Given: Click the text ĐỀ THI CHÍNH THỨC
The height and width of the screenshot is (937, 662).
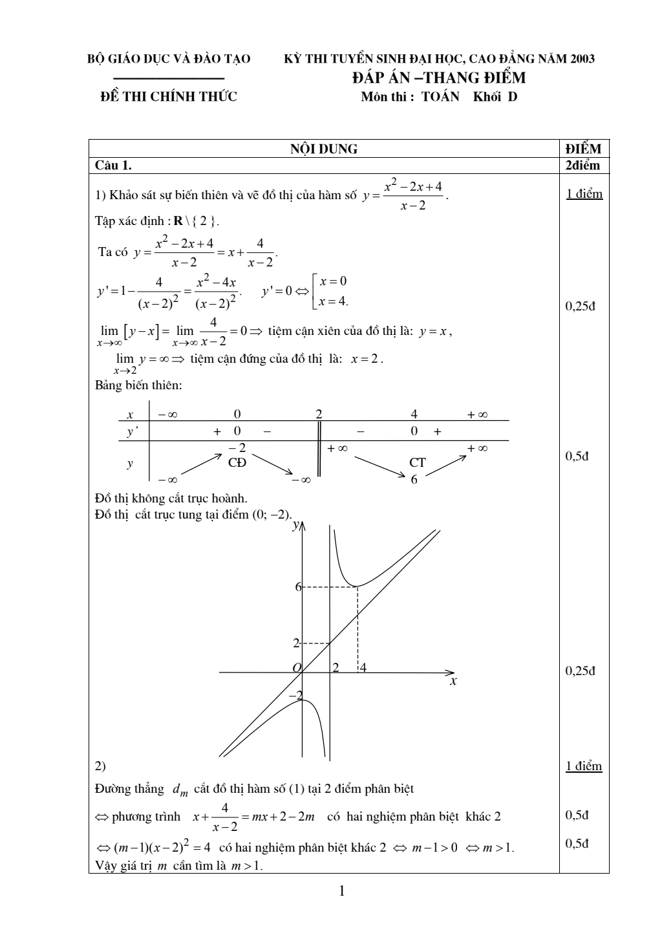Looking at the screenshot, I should pyautogui.click(x=169, y=97).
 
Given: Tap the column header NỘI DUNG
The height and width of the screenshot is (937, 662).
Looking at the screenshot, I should pyautogui.click(x=324, y=149).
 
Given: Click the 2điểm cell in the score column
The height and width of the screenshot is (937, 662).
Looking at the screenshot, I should pyautogui.click(x=582, y=166).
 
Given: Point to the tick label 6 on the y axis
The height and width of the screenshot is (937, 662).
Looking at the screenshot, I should pyautogui.click(x=298, y=587).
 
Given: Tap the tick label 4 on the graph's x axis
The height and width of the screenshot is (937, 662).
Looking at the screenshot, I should pyautogui.click(x=363, y=667).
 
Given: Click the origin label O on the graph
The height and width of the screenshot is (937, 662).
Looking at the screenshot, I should pyautogui.click(x=297, y=667).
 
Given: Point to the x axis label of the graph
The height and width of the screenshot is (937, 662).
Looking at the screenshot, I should pyautogui.click(x=453, y=681).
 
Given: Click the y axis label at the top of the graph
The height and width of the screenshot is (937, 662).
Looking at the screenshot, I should pyautogui.click(x=295, y=525).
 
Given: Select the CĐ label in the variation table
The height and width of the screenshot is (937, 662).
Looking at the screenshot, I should pyautogui.click(x=237, y=462).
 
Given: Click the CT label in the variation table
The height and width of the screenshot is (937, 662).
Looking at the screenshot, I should pyautogui.click(x=417, y=462).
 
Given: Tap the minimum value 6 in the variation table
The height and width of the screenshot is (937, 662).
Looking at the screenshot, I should pyautogui.click(x=414, y=479).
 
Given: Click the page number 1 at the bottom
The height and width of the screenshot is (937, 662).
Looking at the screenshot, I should pyautogui.click(x=342, y=892).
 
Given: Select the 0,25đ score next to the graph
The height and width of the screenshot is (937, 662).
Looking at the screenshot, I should pyautogui.click(x=580, y=671).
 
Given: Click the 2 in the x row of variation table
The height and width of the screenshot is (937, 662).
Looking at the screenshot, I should pyautogui.click(x=319, y=415).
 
